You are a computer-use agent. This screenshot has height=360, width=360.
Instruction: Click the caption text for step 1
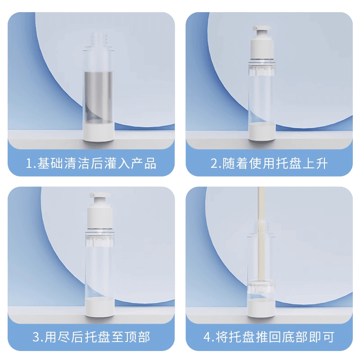pos(91,163)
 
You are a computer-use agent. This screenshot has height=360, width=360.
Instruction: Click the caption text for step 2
pos(269,163)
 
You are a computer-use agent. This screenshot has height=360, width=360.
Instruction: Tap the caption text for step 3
pos(91,337)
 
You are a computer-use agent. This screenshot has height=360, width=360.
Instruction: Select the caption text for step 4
pos(269,337)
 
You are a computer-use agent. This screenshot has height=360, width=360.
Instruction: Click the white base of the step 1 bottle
pos(99,131)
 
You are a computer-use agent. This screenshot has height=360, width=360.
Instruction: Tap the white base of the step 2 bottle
pos(262,132)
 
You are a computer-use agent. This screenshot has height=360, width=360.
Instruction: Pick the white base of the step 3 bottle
pos(99,307)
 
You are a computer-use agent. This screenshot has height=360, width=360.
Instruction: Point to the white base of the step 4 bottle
pos(261,308)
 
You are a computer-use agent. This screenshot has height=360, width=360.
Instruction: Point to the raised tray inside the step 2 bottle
pos(262,69)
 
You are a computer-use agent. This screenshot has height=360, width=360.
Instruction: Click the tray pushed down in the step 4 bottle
pos(261,286)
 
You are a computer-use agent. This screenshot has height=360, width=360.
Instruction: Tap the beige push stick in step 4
pos(261,234)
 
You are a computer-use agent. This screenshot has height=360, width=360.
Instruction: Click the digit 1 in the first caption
pos(29,163)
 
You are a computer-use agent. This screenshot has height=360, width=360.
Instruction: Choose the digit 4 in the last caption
pos(207,337)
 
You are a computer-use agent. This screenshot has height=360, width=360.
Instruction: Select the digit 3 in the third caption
pos(36,337)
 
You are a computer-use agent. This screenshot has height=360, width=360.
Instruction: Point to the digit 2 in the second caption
pos(214,163)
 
